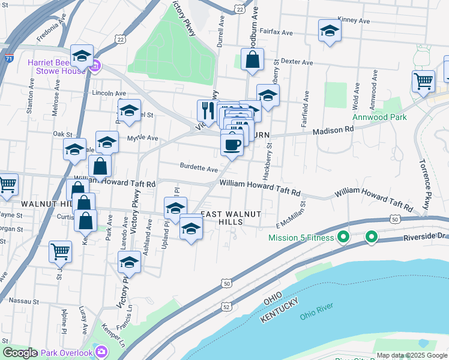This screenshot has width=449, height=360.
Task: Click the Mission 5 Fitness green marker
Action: click(x=343, y=238)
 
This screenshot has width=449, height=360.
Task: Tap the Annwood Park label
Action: click(x=380, y=117)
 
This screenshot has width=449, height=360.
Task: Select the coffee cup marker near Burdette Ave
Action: click(x=232, y=144)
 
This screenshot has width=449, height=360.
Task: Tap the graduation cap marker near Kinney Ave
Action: click(x=329, y=31)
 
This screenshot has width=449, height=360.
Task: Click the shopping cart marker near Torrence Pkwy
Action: click(x=423, y=81)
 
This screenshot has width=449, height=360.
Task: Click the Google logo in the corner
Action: click(x=20, y=353)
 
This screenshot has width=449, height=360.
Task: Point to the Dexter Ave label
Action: click(x=298, y=62)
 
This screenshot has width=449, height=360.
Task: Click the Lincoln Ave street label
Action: click(x=109, y=94)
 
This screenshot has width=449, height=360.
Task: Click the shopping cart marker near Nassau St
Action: click(x=61, y=251)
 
